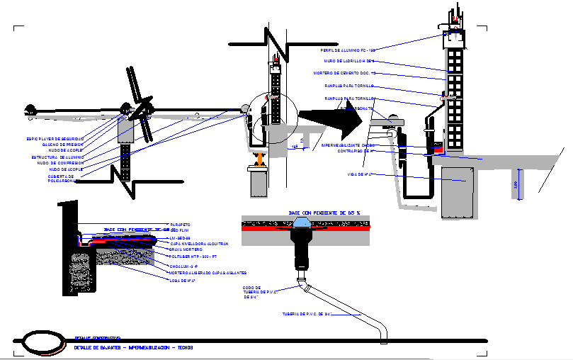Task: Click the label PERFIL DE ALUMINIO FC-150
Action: (x=347, y=51)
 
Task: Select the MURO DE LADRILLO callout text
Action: (x=349, y=62)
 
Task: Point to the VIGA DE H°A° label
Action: (x=361, y=174)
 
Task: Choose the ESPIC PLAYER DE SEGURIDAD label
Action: (x=55, y=139)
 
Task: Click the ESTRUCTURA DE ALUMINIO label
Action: (x=58, y=157)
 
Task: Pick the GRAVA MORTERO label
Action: (x=186, y=249)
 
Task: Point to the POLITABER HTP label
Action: (x=191, y=256)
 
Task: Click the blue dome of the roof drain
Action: (x=302, y=223)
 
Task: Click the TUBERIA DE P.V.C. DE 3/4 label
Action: (x=307, y=314)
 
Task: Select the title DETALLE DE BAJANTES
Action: (x=133, y=348)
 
